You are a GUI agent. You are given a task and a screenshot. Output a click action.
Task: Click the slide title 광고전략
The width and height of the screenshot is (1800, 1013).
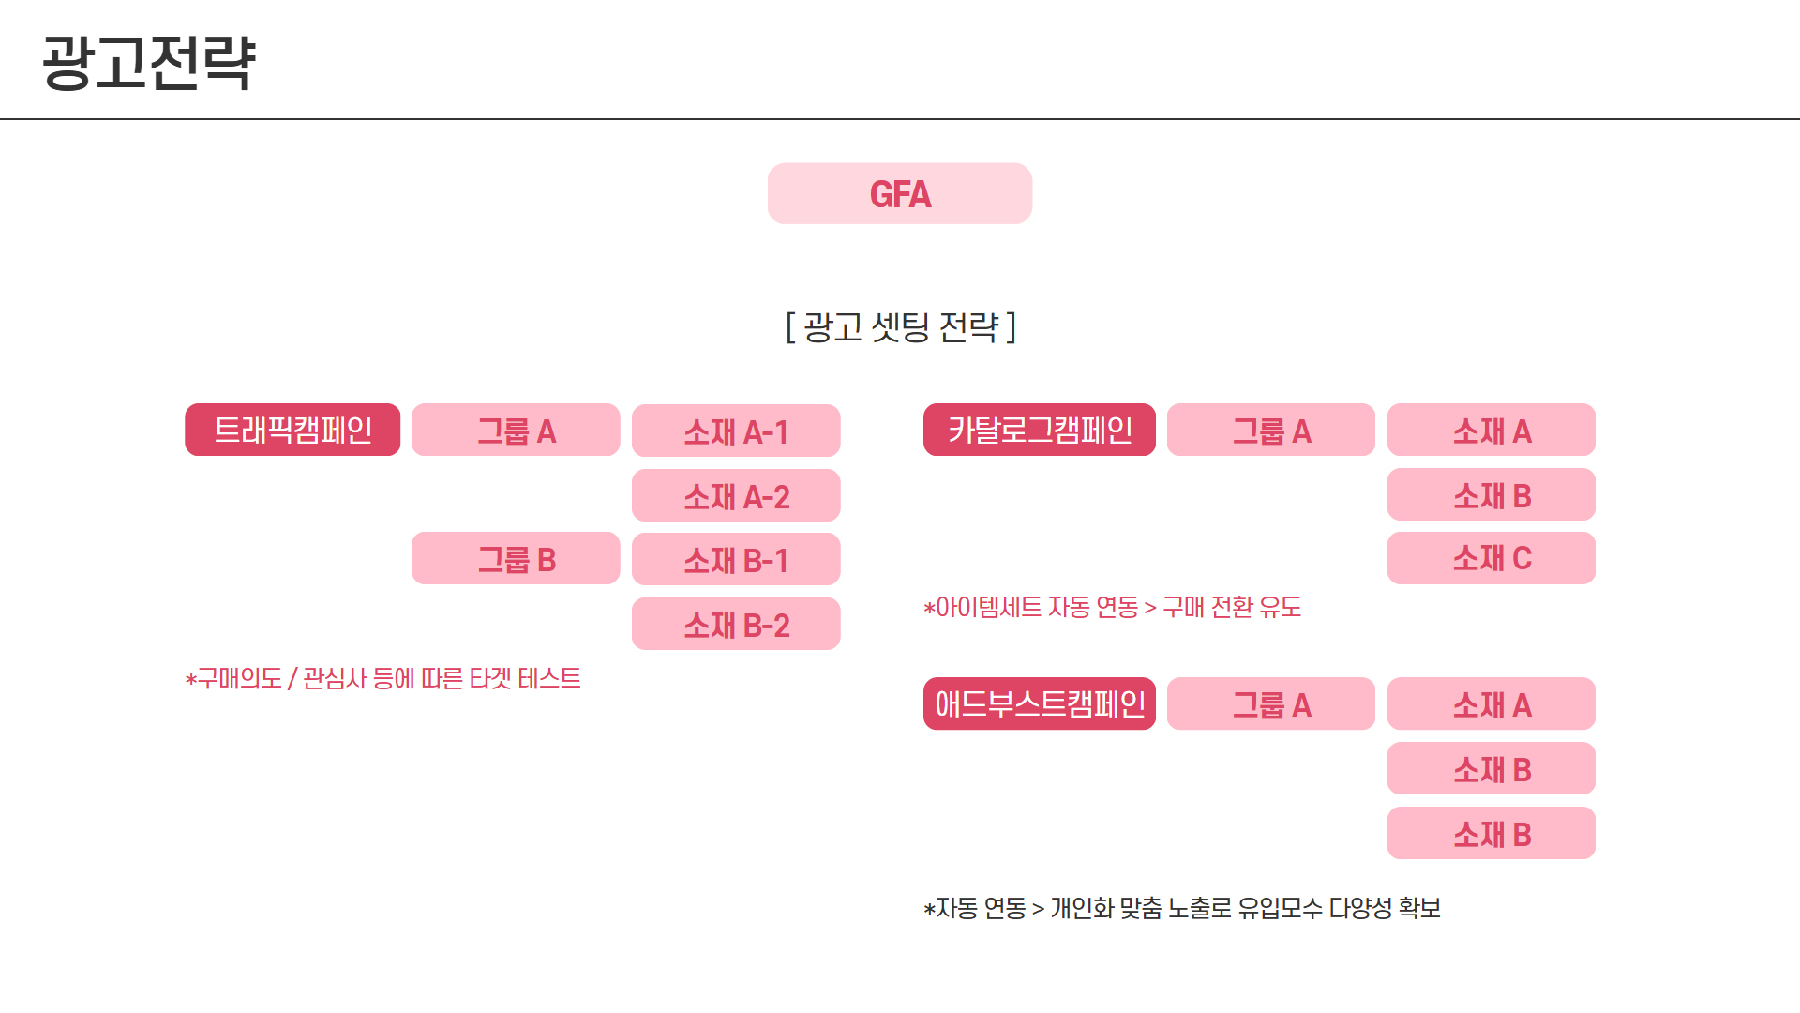click(x=148, y=63)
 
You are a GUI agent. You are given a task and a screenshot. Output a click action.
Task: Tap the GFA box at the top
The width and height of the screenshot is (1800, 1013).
click(x=900, y=194)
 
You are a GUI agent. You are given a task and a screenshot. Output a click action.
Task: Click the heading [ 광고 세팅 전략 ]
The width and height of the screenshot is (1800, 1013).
click(x=900, y=327)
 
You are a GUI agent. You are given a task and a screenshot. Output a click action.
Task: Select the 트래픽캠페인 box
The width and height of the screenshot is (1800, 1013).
click(x=292, y=431)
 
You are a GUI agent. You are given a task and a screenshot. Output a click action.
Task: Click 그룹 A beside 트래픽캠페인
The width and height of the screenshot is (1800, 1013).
click(x=516, y=431)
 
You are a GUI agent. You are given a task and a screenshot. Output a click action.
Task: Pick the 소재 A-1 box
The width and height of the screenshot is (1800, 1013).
click(x=736, y=431)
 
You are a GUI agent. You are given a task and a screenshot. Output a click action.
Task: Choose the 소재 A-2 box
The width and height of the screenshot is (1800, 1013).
click(x=736, y=496)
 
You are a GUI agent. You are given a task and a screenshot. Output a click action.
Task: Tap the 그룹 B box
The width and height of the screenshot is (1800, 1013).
click(x=516, y=559)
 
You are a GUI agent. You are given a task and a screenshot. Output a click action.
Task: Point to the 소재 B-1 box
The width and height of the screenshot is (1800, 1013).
click(x=736, y=560)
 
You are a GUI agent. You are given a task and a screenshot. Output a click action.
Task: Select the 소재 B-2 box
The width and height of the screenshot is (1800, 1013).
click(x=736, y=625)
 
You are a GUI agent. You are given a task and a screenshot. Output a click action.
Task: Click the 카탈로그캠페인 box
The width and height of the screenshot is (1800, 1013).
click(x=1039, y=431)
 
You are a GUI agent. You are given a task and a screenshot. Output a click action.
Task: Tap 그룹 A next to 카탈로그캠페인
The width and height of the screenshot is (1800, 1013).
click(x=1270, y=431)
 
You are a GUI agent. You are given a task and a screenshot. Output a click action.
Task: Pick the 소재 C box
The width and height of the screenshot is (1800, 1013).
click(x=1491, y=559)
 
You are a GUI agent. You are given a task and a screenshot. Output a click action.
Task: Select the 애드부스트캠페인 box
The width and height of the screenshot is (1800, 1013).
click(x=1039, y=704)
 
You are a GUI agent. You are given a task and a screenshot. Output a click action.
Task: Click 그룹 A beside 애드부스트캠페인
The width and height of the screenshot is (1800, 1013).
click(x=1270, y=704)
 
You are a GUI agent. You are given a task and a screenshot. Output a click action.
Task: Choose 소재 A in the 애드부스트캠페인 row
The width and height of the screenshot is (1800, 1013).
click(x=1491, y=704)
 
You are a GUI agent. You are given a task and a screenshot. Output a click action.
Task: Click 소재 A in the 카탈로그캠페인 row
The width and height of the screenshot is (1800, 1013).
click(x=1491, y=431)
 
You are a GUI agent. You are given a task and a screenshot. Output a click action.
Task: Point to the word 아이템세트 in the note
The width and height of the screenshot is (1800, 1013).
click(x=989, y=608)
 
